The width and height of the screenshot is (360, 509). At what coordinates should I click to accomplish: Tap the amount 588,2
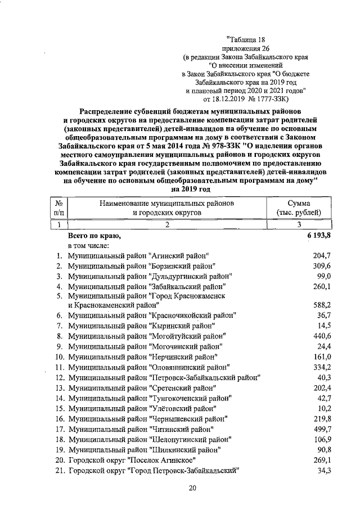click(321, 305)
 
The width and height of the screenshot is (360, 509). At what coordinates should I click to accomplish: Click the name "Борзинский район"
click(181, 265)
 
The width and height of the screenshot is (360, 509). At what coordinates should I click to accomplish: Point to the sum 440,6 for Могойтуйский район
click(321, 335)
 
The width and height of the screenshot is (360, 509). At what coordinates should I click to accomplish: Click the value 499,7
click(321, 429)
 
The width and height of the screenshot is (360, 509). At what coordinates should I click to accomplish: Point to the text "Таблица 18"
click(245, 39)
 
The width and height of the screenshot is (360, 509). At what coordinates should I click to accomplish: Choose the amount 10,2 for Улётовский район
click(323, 408)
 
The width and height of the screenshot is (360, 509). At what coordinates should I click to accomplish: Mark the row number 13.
click(59, 388)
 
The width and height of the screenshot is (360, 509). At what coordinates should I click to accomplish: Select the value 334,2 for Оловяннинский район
click(321, 367)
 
